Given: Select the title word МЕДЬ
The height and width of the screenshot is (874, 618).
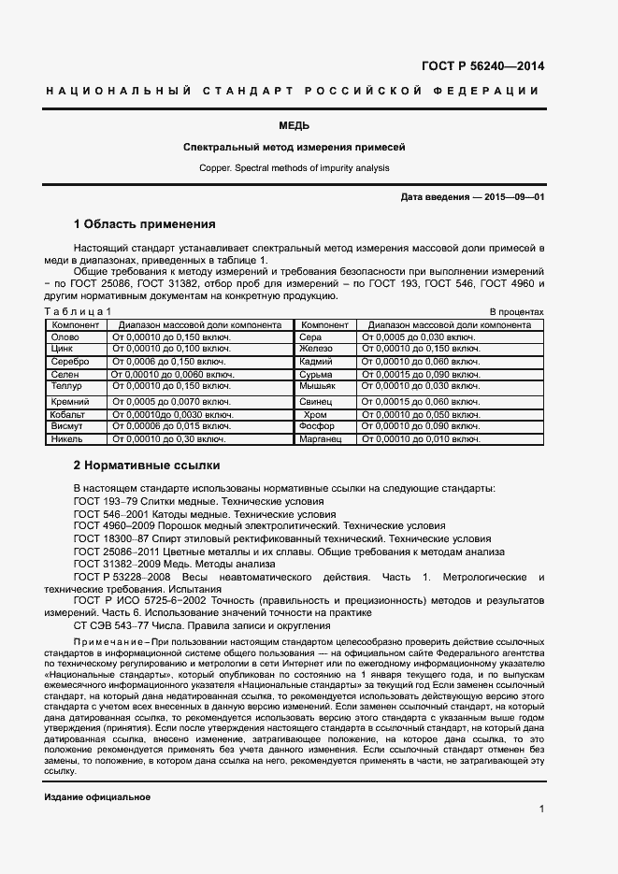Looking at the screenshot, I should (294, 125).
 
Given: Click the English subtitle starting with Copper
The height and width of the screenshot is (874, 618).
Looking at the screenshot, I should (294, 168).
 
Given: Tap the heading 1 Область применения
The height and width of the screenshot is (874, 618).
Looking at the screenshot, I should (144, 224).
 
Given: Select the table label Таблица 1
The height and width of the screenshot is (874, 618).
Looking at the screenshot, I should (79, 311).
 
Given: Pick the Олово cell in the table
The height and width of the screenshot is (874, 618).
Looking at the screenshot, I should (65, 337).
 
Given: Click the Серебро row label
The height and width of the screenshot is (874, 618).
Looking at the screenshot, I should (69, 361).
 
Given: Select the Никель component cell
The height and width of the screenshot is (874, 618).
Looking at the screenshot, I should (67, 438).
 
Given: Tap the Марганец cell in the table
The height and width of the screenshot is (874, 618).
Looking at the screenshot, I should (321, 438).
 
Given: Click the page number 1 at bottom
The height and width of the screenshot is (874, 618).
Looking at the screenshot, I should (541, 810).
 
